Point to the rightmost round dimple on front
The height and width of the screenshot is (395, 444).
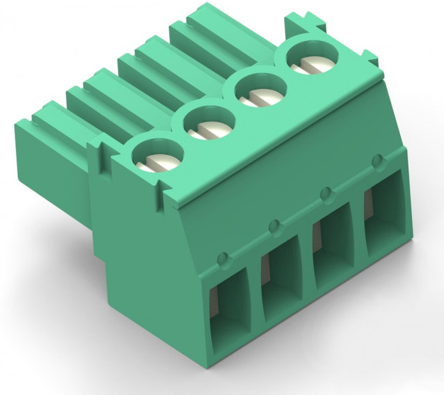pyautogui.click(x=376, y=161)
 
